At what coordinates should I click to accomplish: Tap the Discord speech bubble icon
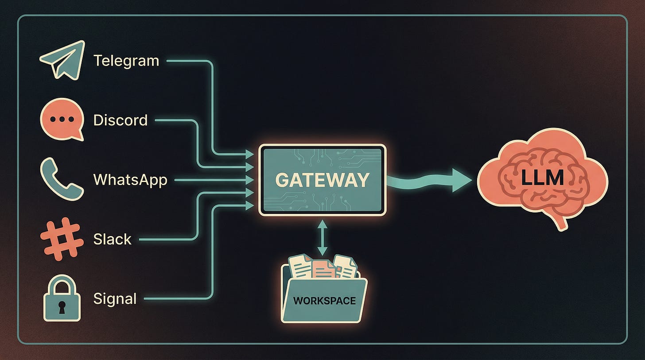[62, 119]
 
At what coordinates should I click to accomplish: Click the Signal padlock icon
[62, 298]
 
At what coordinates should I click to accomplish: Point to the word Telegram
[126, 60]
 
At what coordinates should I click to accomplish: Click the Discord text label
[120, 120]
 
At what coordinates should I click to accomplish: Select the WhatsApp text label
[130, 180]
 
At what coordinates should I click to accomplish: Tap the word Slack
[113, 239]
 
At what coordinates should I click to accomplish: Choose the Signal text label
[115, 299]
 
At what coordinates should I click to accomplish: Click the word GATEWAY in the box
[322, 180]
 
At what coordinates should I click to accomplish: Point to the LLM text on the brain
[542, 178]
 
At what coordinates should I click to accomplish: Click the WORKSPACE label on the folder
[324, 301]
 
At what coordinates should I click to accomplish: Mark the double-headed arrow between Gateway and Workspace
[322, 238]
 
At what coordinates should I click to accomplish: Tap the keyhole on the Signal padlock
[62, 305]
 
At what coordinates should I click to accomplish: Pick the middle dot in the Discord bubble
[62, 118]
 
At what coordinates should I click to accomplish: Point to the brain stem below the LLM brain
[561, 222]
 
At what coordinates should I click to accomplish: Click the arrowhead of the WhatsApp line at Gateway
[250, 180]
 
